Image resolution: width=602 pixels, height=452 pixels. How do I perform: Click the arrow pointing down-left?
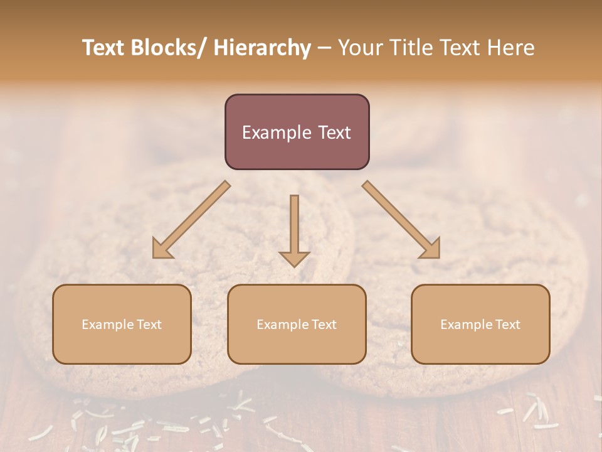(x=191, y=220)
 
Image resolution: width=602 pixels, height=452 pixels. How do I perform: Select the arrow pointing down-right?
(x=401, y=220)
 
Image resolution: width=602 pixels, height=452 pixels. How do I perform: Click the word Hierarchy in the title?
(x=262, y=48)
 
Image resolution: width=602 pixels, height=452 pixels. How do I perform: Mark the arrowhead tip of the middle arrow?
(x=294, y=267)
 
